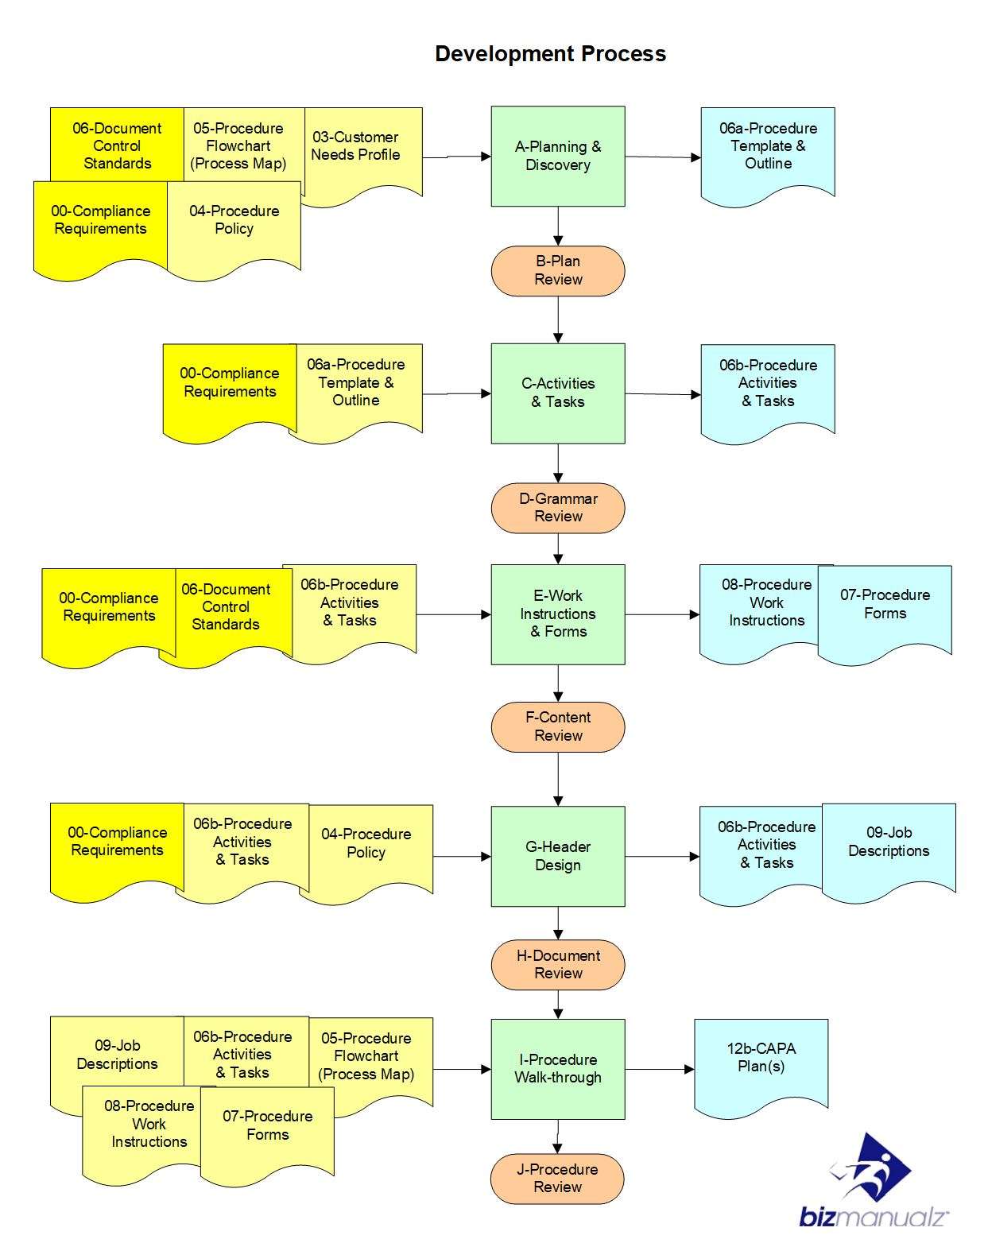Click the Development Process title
click(550, 54)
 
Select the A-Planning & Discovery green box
click(558, 156)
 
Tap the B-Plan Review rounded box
click(558, 270)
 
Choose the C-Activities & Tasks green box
click(558, 393)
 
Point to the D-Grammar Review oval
click(558, 508)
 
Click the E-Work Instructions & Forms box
click(558, 614)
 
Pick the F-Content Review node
click(558, 726)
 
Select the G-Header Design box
click(558, 856)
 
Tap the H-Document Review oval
click(558, 964)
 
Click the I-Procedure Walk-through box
click(558, 1069)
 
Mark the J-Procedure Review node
click(558, 1178)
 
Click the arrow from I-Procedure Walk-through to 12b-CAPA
click(659, 1069)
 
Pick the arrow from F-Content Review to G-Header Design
click(558, 779)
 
